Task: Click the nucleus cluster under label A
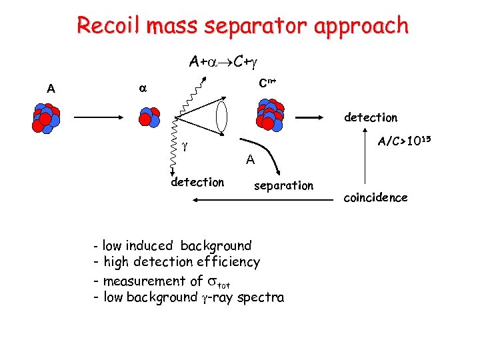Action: coord(45,118)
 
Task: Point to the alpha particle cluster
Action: coord(149,117)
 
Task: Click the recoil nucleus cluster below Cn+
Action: coord(270,115)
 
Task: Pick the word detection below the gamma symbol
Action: coord(197,182)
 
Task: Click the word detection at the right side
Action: coord(370,117)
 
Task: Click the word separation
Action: coord(283,186)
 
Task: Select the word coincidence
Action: coord(375,197)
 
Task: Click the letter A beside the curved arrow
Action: coord(249,159)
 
